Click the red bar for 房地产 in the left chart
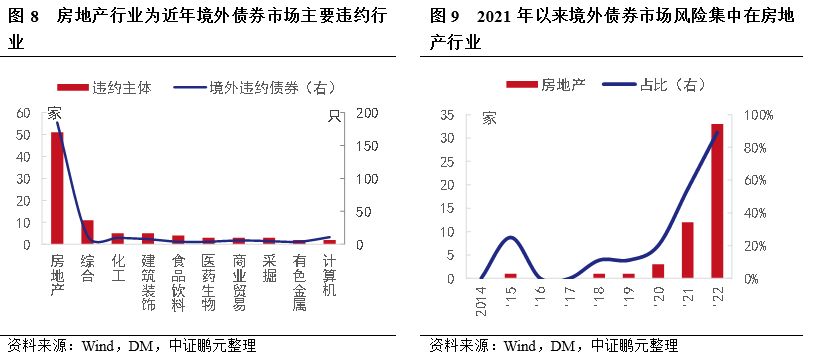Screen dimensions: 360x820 pos(57,188)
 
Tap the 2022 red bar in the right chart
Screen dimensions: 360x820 pos(717,200)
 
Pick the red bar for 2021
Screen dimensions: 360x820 pos(688,250)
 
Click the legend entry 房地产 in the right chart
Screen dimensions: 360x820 pos(539,86)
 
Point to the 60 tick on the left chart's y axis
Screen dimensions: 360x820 pos(22,114)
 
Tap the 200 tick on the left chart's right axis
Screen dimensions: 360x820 pos(367,114)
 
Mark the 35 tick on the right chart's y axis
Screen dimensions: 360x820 pos(447,116)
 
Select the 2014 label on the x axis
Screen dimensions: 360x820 pos(482,298)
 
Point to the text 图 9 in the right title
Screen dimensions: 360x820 pos(445,17)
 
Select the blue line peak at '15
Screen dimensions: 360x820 pos(510,237)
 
